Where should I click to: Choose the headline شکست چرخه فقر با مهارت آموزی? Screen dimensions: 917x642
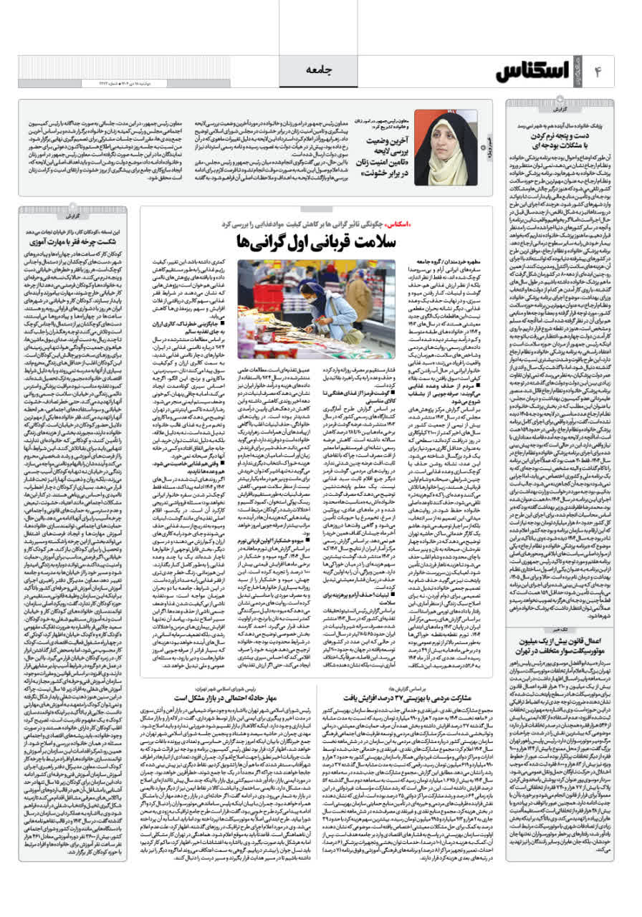coord(77,243)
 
